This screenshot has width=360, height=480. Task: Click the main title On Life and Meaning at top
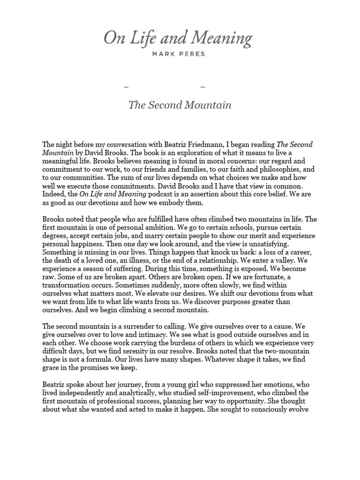point(178,38)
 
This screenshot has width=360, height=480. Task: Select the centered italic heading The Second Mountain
point(180,105)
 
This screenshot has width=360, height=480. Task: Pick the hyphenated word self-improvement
point(216,392)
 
